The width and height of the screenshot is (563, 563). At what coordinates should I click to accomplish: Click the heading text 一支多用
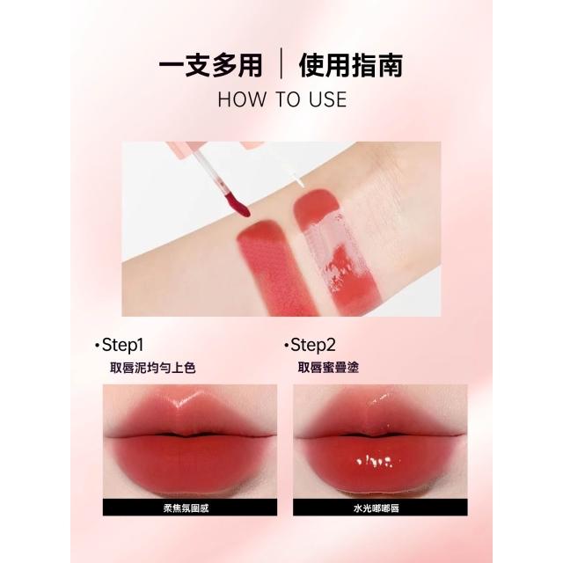[x=210, y=65]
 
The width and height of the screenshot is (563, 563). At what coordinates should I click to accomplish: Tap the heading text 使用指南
[x=351, y=65]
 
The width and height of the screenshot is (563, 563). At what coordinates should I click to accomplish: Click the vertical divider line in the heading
[x=281, y=63]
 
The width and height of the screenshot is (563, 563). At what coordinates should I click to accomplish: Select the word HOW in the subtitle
[x=241, y=99]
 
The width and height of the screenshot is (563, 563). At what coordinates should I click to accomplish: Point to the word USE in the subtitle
[x=328, y=99]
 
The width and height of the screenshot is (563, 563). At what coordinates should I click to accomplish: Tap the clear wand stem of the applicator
[x=209, y=169]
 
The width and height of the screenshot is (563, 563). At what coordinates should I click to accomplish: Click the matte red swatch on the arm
[x=274, y=267]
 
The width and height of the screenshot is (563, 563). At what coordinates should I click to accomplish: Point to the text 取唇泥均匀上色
[x=152, y=368]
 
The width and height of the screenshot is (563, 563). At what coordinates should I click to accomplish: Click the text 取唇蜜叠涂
[x=328, y=368]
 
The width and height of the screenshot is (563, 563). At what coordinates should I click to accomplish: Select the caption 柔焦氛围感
[x=186, y=508]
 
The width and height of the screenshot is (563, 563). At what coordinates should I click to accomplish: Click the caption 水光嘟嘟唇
[x=377, y=508]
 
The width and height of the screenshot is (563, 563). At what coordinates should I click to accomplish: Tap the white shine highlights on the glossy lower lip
[x=375, y=461]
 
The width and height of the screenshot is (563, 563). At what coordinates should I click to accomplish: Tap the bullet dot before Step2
[x=286, y=346]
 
